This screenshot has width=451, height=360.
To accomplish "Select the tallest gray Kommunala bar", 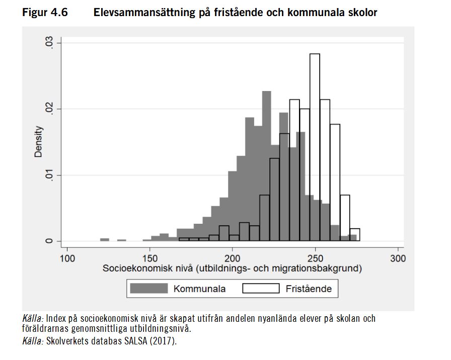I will [x=267, y=166].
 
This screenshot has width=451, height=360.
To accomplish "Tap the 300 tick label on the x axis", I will [x=398, y=259].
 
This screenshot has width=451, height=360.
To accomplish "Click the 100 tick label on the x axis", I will [x=67, y=259].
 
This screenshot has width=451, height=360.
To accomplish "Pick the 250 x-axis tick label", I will [x=315, y=259].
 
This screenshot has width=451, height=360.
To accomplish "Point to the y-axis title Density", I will [x=38, y=142].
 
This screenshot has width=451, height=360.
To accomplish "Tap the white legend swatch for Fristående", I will [x=261, y=288].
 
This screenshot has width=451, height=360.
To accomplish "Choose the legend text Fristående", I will [x=309, y=289].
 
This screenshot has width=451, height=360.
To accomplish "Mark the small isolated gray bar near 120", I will [x=105, y=239].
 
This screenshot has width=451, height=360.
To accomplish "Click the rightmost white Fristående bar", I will [x=355, y=235].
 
